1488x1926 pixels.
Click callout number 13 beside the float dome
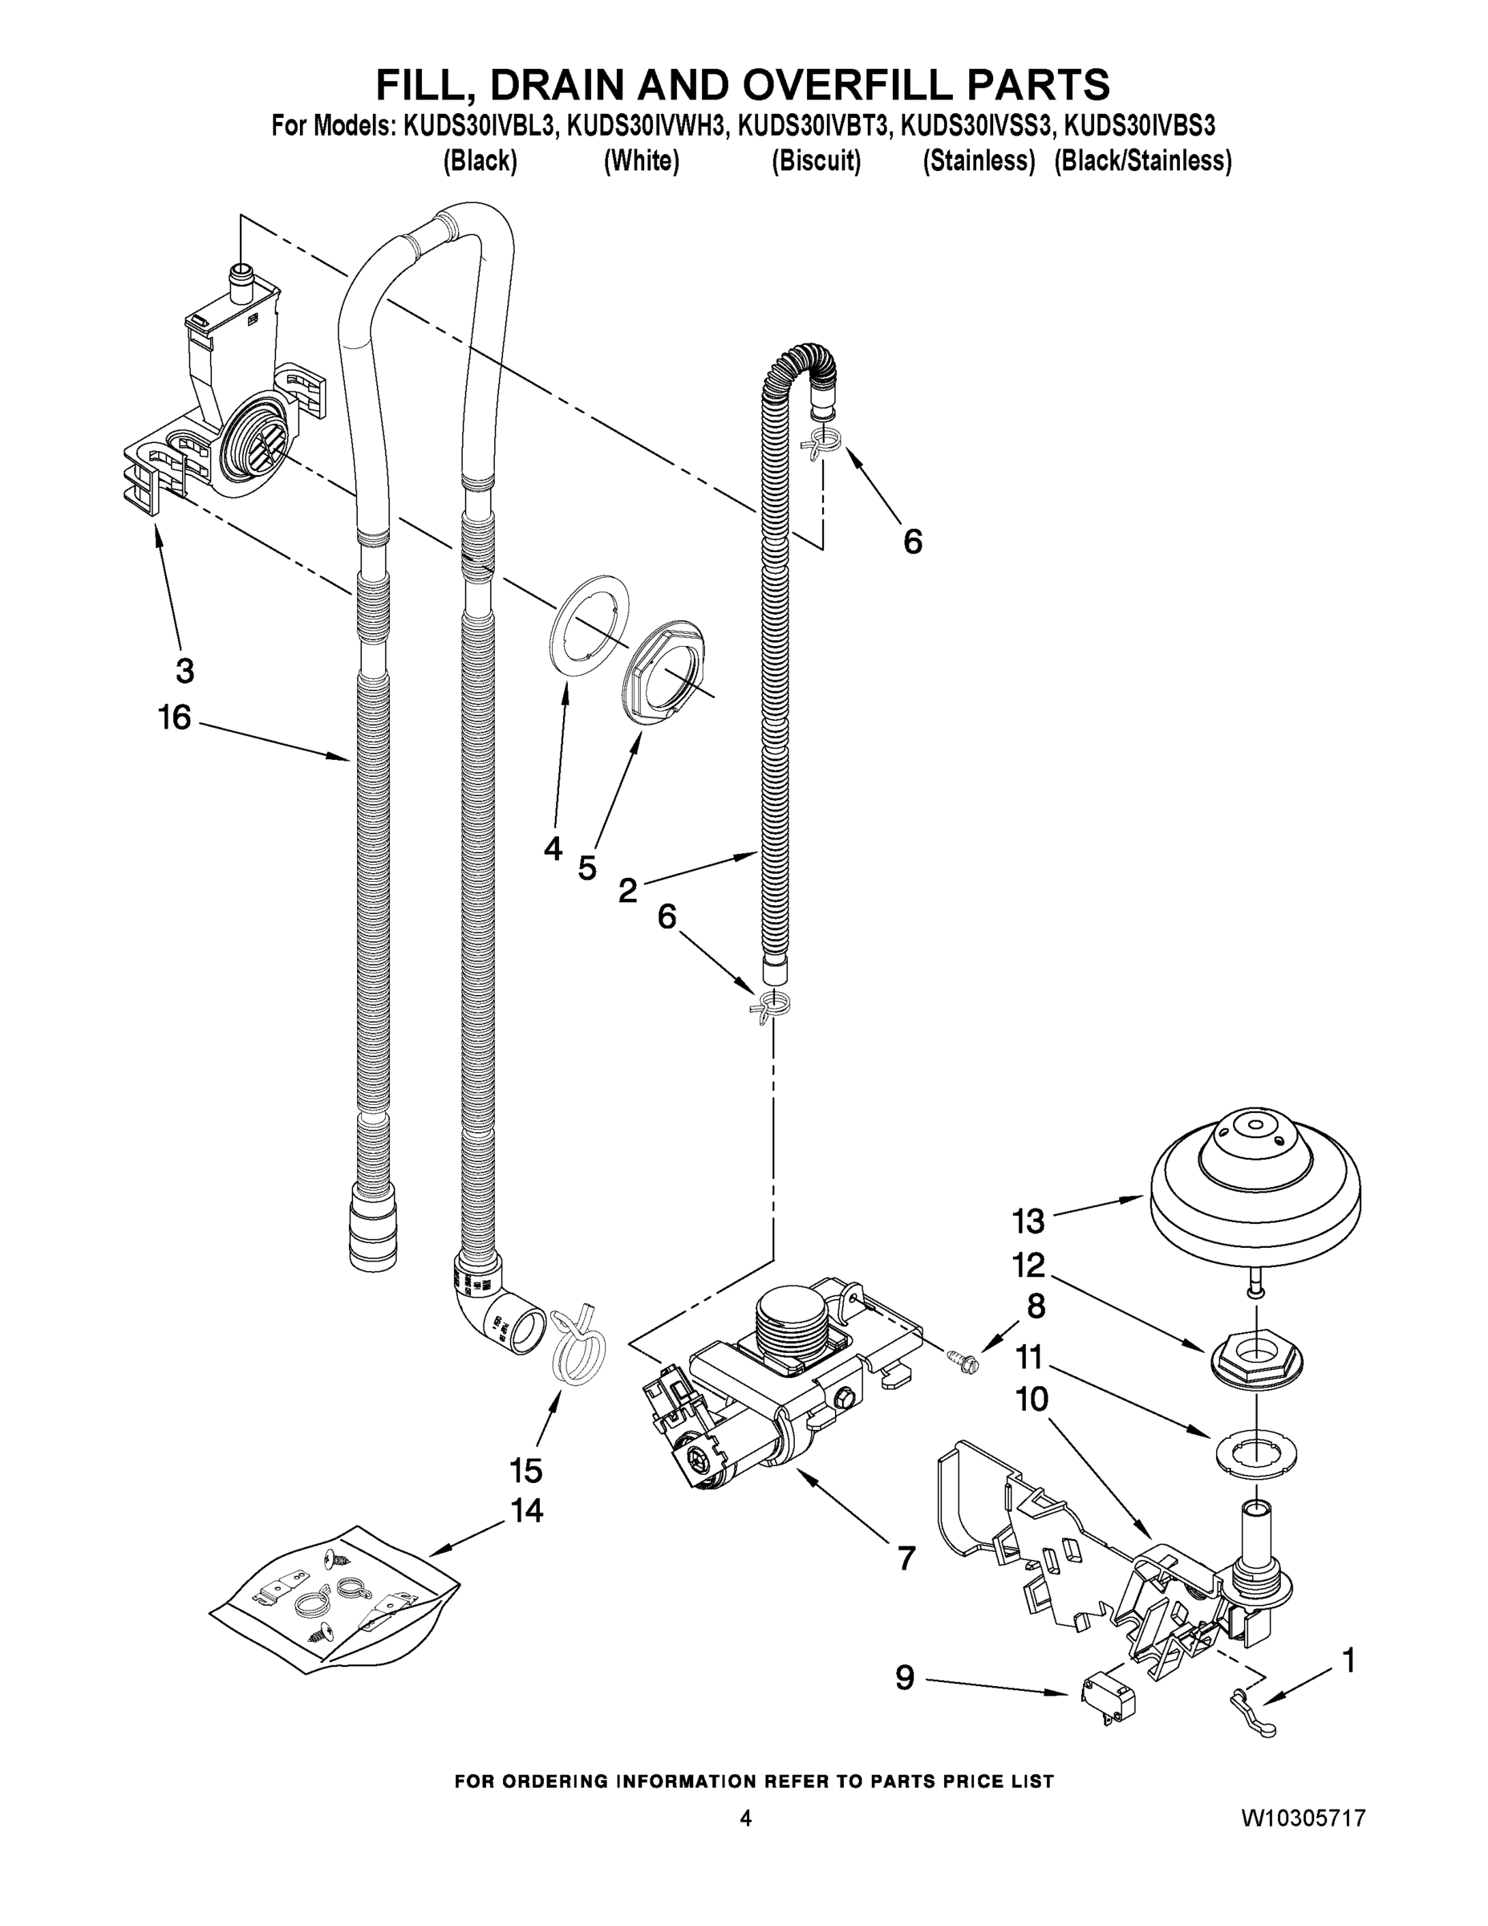coord(1028,1222)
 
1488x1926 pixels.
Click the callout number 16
coord(175,718)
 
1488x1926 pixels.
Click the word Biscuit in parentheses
coord(817,161)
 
